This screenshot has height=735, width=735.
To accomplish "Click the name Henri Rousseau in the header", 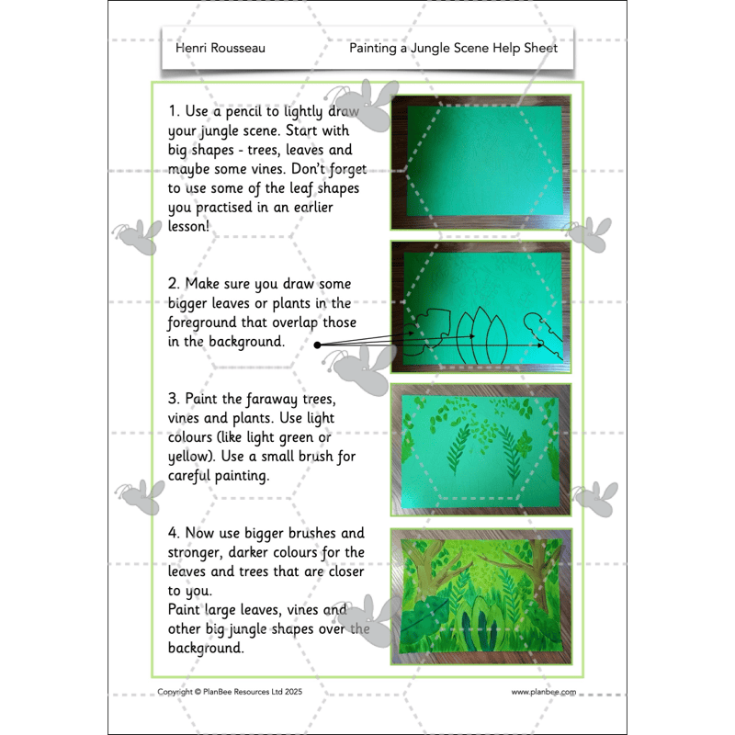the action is pyautogui.click(x=220, y=48).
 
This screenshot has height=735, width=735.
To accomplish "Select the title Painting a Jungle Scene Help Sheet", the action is pyautogui.click(x=453, y=49).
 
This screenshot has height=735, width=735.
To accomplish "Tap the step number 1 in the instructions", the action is pyautogui.click(x=174, y=111).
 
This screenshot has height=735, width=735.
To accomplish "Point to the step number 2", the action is pyautogui.click(x=174, y=284).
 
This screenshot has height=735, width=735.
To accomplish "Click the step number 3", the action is pyautogui.click(x=174, y=399).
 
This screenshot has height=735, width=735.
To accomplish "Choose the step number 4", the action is pyautogui.click(x=174, y=533).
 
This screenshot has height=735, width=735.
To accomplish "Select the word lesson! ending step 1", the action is pyautogui.click(x=188, y=226).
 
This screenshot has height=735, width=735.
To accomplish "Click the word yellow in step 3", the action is pyautogui.click(x=188, y=457).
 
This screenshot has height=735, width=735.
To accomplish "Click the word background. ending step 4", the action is pyautogui.click(x=206, y=649).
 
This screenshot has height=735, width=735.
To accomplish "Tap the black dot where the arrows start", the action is pyautogui.click(x=317, y=345).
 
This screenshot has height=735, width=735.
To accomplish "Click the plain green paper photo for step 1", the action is pyautogui.click(x=481, y=163).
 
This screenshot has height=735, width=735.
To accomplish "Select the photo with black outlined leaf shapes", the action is pyautogui.click(x=481, y=307).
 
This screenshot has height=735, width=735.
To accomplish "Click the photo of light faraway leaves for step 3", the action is pyautogui.click(x=481, y=450).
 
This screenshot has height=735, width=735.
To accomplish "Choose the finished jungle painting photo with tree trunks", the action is pyautogui.click(x=481, y=596).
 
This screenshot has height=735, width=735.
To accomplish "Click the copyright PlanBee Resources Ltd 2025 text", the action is pyautogui.click(x=230, y=692).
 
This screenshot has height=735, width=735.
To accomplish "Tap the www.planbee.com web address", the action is pyautogui.click(x=544, y=692).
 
